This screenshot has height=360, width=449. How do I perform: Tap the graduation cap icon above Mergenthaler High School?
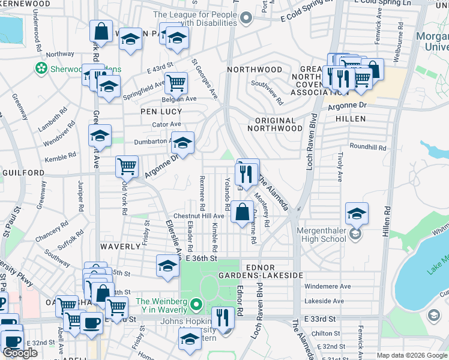click(x=357, y=214)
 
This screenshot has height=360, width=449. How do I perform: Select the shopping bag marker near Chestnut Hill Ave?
click(x=242, y=212)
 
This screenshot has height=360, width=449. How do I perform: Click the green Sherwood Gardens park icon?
click(x=41, y=68)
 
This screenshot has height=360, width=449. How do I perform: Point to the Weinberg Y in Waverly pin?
click(x=194, y=306)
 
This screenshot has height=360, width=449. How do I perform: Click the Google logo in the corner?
click(x=20, y=353)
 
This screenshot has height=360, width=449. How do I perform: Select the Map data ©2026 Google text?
click(x=411, y=355)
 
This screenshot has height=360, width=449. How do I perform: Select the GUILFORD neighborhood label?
click(x=23, y=173)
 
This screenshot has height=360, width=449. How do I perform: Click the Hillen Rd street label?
click(x=387, y=221)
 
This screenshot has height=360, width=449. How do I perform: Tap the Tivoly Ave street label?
click(x=339, y=169)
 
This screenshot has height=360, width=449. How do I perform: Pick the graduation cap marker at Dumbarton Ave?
click(x=183, y=142)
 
